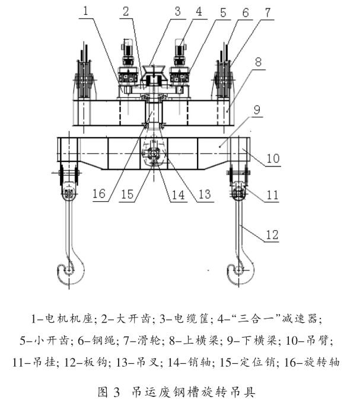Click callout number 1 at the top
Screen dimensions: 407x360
click(88, 11)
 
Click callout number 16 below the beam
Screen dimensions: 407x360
click(100, 193)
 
